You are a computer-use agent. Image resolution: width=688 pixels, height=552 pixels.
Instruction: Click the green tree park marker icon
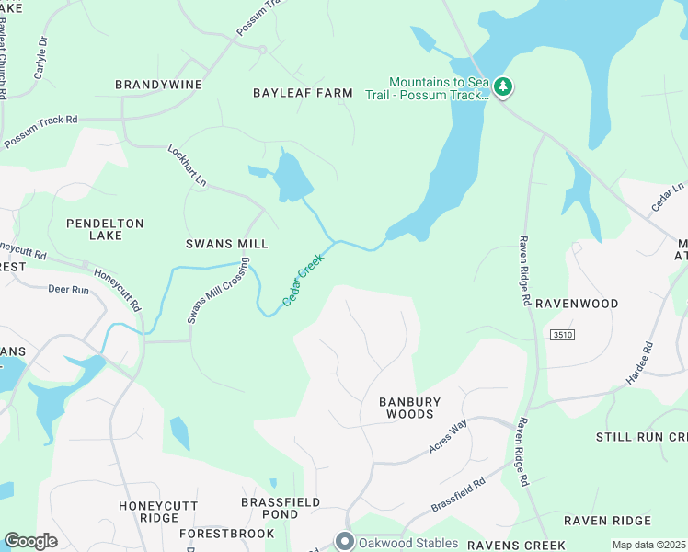point(502,86)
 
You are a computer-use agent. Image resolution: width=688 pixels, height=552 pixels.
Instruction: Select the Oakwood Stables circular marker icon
point(345,542)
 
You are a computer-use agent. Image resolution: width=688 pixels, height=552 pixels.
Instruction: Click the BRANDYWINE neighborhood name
point(158,85)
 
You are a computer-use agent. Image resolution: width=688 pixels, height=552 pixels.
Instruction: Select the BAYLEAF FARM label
point(303,93)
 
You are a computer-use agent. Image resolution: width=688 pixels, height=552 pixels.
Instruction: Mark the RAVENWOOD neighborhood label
point(577,303)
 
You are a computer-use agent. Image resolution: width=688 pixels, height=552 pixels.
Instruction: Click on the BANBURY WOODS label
point(410,408)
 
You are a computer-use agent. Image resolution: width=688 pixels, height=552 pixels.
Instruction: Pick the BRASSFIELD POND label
point(281,509)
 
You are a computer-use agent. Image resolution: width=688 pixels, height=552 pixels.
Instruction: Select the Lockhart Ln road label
point(187,166)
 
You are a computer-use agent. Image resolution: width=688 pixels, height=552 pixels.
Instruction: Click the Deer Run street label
point(68,289)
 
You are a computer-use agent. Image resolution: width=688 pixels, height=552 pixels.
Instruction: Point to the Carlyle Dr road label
point(40,57)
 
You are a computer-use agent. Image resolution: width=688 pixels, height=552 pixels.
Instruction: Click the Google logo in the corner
point(30,541)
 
